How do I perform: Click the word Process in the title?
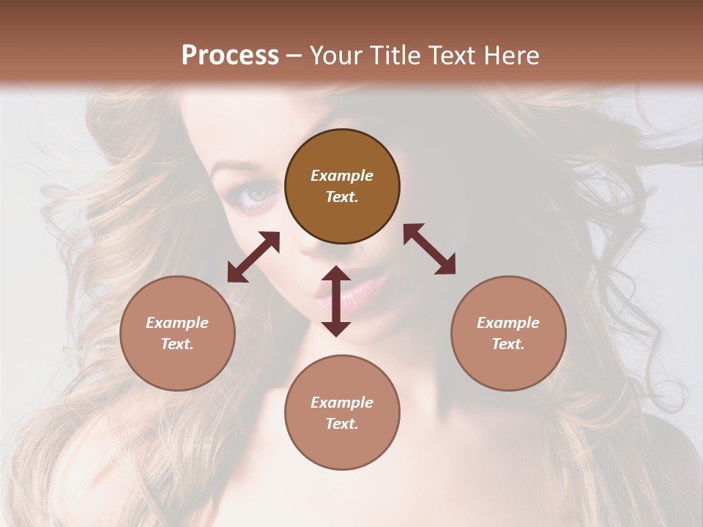click(230, 56)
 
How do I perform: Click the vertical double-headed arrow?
click(336, 301)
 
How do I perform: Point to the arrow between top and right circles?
click(429, 249)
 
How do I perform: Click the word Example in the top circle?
click(342, 176)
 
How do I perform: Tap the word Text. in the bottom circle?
click(342, 424)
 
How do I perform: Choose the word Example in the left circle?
click(177, 323)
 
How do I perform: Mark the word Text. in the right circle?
click(507, 344)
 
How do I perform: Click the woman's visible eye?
click(259, 194)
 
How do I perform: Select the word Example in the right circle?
click(507, 323)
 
